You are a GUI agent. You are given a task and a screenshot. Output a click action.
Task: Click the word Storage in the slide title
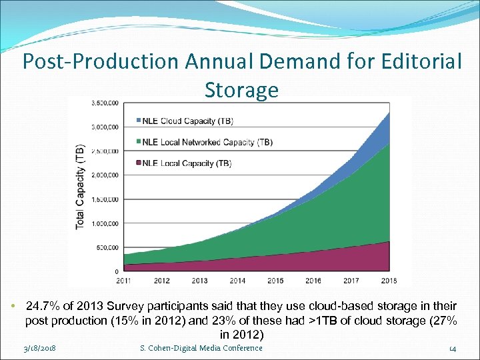click(x=241, y=89)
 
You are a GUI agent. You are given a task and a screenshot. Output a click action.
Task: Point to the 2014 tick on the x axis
click(x=237, y=281)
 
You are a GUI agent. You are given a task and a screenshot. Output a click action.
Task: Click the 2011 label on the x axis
click(x=123, y=281)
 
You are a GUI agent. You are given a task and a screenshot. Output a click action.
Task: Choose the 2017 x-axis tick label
click(x=351, y=281)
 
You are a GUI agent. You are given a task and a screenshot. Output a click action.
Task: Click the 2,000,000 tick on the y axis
click(x=106, y=175)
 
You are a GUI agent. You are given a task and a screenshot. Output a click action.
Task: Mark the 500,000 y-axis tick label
click(x=107, y=248)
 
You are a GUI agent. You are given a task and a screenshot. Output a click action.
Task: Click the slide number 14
click(x=452, y=348)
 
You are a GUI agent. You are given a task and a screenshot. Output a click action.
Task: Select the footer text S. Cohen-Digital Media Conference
click(x=201, y=348)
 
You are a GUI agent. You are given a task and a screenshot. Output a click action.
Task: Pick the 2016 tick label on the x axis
click(x=313, y=281)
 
